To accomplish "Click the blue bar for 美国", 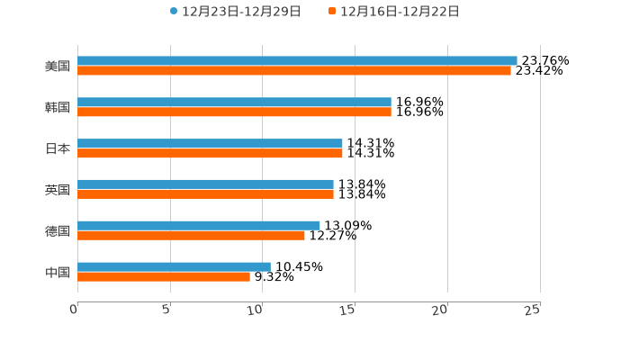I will pos(297,61).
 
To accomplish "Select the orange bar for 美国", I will pos(294,71).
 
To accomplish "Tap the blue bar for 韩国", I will pos(234,103).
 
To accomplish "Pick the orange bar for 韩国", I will pos(234,112).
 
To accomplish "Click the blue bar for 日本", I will pos(210,144).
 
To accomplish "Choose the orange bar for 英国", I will pos(205,193).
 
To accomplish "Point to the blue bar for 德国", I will pos(199,226).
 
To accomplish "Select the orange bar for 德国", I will pos(191,236).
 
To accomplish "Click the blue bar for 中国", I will pos(174,266).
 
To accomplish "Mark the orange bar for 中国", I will pos(164,276).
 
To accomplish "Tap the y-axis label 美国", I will pos(58,67).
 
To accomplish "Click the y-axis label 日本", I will pos(58,148).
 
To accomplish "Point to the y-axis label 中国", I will pos(58,272).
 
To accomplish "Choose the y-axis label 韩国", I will pos(58,108).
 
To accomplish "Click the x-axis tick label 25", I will pos(532,310).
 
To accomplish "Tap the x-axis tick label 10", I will pos(255,310).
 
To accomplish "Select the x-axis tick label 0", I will pos(74,310).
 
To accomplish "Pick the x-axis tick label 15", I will pos(347,310).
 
